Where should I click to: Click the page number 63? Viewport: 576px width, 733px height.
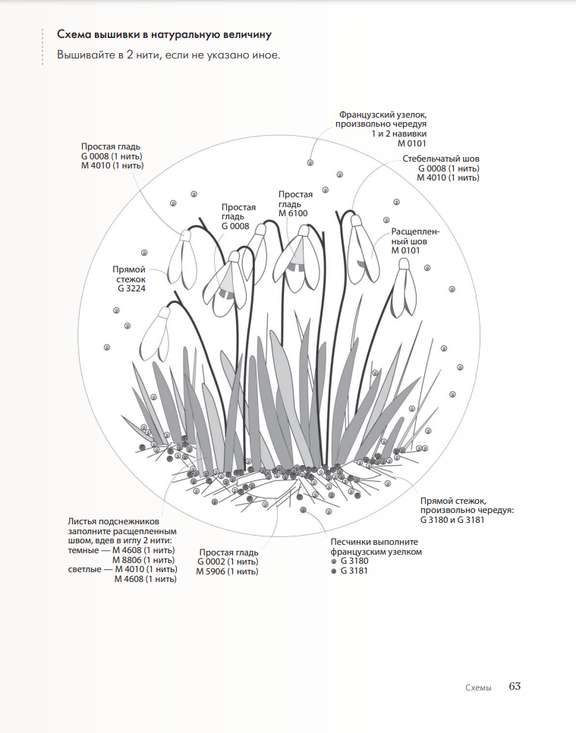pyautogui.click(x=515, y=686)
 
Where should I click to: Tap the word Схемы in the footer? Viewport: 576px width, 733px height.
pyautogui.click(x=478, y=687)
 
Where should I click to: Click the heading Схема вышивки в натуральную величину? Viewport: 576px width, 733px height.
pyautogui.click(x=165, y=35)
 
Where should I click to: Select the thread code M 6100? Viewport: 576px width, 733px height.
pyautogui.click(x=295, y=214)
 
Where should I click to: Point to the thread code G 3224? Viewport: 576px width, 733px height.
pyautogui.click(x=131, y=289)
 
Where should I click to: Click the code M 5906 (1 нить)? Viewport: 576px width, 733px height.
pyautogui.click(x=227, y=571)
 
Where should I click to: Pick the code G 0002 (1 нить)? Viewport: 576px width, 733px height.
pyautogui.click(x=228, y=562)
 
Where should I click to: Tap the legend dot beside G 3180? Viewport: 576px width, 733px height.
pyautogui.click(x=334, y=561)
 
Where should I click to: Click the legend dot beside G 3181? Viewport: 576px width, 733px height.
pyautogui.click(x=334, y=571)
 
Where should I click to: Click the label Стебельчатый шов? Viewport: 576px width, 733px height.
pyautogui.click(x=441, y=159)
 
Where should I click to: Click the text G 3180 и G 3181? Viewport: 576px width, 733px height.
pyautogui.click(x=452, y=520)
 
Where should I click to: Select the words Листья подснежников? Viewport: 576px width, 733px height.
pyautogui.click(x=114, y=521)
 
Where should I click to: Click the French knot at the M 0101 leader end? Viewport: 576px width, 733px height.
pyautogui.click(x=310, y=162)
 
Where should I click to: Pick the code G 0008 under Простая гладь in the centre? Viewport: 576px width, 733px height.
pyautogui.click(x=235, y=226)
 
